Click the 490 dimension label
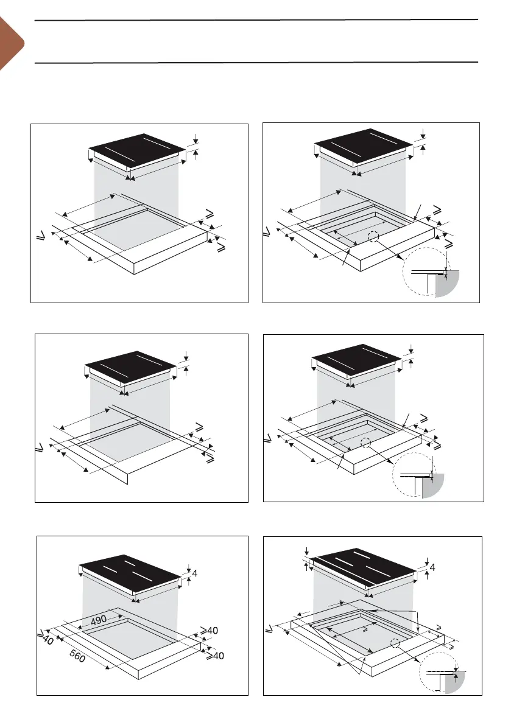99,620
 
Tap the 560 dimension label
77,656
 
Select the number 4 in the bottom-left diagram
195,573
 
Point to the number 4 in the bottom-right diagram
432,567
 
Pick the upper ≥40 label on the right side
209,631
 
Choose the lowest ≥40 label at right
215,655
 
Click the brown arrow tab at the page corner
11,43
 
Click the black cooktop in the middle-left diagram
130,366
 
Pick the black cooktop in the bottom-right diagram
364,569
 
